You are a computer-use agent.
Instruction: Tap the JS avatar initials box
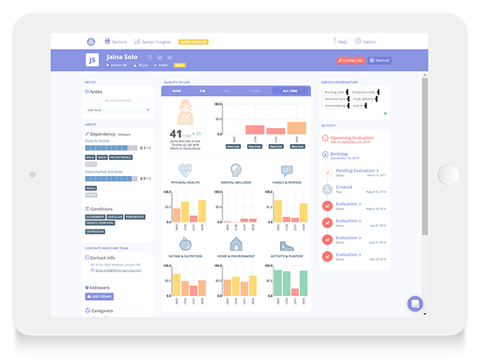click(93, 60)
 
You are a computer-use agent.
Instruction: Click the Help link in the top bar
click(340, 41)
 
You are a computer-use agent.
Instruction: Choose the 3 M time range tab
click(202, 91)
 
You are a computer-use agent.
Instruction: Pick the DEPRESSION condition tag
click(96, 230)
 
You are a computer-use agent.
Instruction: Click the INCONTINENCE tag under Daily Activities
click(122, 157)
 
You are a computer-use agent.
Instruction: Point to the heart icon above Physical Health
click(186, 170)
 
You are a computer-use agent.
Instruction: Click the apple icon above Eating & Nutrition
click(186, 243)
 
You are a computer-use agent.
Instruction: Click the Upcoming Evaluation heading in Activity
click(352, 137)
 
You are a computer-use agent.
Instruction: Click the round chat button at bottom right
click(414, 304)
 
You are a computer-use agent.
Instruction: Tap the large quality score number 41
click(178, 133)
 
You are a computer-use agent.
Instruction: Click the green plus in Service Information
click(385, 114)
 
